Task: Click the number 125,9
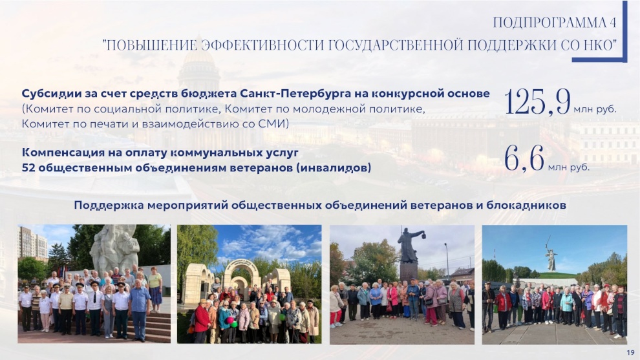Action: point(537,101)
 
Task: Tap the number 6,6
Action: point(524,159)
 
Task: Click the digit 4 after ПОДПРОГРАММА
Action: point(613,23)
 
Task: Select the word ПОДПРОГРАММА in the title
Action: point(549,23)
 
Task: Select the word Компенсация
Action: point(58,153)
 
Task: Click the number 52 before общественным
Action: point(28,168)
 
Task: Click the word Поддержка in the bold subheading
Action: point(109,205)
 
